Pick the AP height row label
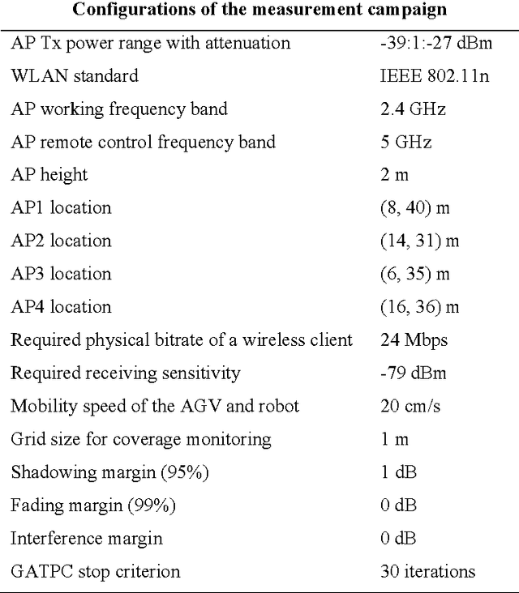click(x=49, y=175)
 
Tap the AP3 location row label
click(x=61, y=274)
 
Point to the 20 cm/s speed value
click(x=410, y=406)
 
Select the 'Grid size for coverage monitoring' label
click(x=140, y=439)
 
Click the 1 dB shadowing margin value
click(x=397, y=472)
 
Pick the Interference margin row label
click(x=86, y=538)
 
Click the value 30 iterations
click(x=427, y=571)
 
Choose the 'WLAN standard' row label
click(x=74, y=76)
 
